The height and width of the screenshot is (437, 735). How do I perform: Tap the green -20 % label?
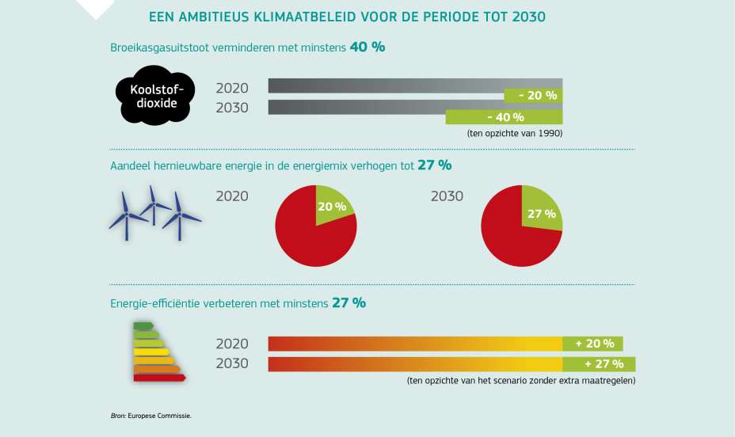click(533, 96)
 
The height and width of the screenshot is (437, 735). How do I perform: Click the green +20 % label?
click(592, 344)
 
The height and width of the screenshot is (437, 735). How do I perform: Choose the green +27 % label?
click(599, 364)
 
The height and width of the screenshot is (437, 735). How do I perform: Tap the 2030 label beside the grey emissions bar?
click(232, 108)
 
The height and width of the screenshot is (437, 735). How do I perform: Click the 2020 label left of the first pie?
click(232, 196)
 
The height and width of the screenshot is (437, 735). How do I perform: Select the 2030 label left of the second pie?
click(447, 196)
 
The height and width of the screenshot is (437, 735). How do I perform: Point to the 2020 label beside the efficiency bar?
click(232, 344)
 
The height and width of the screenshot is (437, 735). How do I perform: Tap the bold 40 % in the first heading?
click(367, 47)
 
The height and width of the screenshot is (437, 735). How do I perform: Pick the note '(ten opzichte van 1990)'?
click(515, 134)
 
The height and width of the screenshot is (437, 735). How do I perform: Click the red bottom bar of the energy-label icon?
click(159, 378)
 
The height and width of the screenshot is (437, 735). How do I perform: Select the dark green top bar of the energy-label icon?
click(143, 325)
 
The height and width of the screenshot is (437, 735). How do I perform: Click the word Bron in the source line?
click(118, 415)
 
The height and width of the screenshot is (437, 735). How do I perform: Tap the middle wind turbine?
click(151, 206)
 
